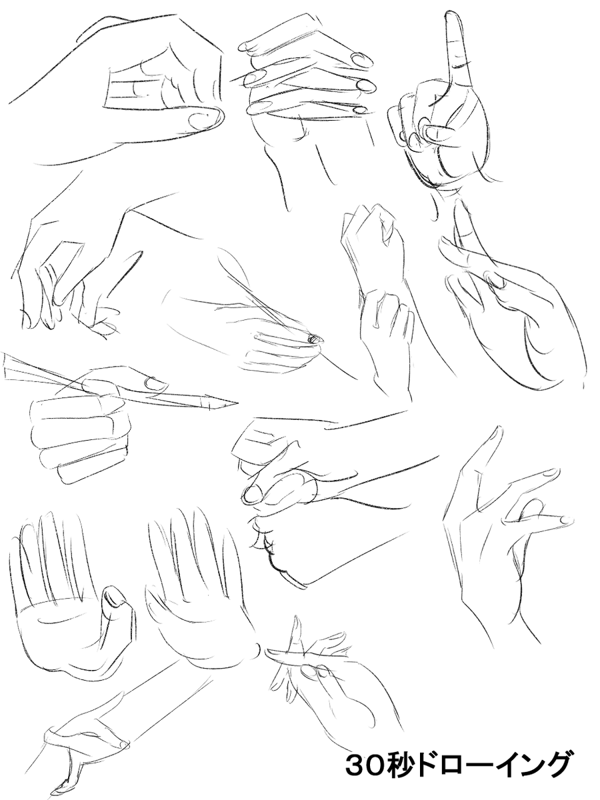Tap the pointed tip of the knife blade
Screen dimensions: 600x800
tap(237, 403)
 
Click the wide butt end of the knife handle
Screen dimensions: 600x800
tap(5, 365)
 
